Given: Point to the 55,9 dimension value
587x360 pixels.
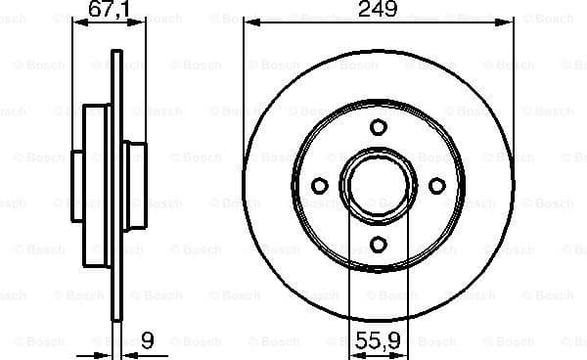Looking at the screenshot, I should tap(378, 343).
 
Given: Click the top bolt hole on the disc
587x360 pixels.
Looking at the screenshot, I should tap(379, 127).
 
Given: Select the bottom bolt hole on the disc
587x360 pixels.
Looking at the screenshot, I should tap(379, 245).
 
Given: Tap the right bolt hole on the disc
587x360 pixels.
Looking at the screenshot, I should tap(437, 186).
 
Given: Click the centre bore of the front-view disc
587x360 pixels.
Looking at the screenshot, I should tap(379, 186).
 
